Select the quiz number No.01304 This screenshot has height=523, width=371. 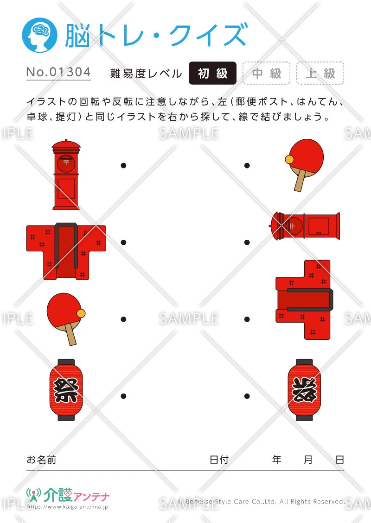point(58,72)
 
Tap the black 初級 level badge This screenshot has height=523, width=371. point(212,73)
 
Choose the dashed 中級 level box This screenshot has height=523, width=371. point(267,73)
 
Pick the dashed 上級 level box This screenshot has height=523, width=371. point(320,73)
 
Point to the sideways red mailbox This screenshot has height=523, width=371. point(306,226)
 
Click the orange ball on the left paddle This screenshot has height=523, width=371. point(81,313)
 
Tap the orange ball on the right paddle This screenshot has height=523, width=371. point(290,160)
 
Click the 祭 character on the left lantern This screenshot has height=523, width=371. point(66,390)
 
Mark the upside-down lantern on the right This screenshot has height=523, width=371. point(303,390)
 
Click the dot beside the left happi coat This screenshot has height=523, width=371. point(123,242)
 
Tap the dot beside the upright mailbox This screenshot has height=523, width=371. point(123,165)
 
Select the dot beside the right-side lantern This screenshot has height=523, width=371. point(247,396)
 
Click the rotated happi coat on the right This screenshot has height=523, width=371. point(303,299)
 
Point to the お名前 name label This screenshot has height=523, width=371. point(41,460)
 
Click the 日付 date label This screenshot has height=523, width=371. point(219,460)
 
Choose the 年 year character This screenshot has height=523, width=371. point(277,460)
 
